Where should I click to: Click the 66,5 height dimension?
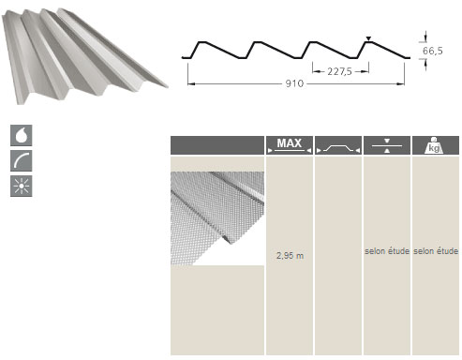point(432,51)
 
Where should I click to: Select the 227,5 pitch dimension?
point(339,71)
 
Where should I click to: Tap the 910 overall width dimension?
point(294,83)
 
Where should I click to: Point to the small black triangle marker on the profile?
point(368,38)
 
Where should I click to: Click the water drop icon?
point(22,135)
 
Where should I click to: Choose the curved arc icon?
point(22,160)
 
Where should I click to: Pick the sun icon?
point(22,186)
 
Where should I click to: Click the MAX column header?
point(290,145)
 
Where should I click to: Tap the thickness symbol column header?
point(387,145)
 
